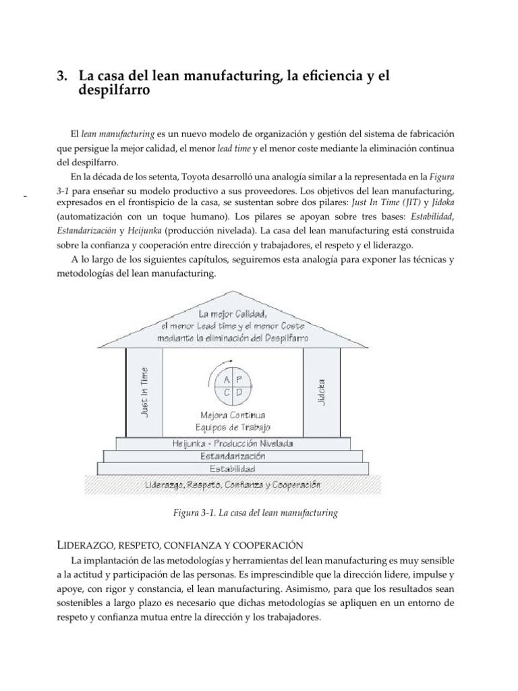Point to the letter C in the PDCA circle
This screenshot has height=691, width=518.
tap(227, 391)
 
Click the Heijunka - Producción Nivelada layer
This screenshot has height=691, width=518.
tap(233, 443)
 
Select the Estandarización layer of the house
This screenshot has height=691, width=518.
tap(233, 455)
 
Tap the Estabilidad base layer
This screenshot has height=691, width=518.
tap(233, 468)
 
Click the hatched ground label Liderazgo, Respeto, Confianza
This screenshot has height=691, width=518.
tap(233, 484)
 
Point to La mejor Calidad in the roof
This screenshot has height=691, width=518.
tap(233, 314)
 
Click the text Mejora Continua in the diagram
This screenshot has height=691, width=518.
tap(233, 414)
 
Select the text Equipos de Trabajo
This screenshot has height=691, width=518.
tap(233, 426)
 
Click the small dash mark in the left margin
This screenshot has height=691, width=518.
tap(25, 196)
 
